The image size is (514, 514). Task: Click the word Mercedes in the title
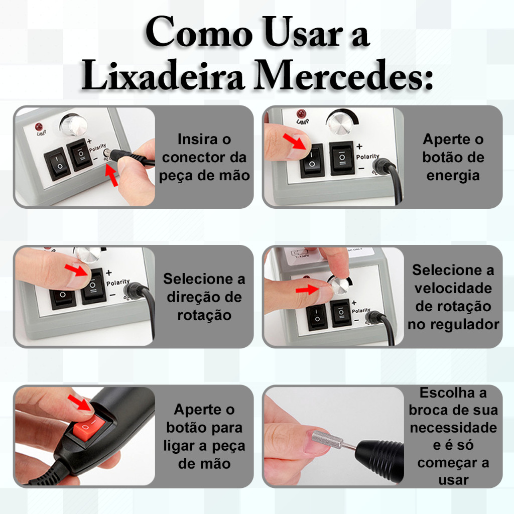(343, 75)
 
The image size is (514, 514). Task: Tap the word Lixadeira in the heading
(163, 75)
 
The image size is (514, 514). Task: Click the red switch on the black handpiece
(89, 426)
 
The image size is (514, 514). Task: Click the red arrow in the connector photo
(111, 175)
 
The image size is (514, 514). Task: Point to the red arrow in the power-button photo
(294, 141)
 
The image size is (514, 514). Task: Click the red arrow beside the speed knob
(307, 290)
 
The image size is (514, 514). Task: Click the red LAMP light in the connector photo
(39, 126)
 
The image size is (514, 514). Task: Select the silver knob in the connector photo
(73, 125)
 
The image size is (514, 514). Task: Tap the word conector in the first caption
(189, 157)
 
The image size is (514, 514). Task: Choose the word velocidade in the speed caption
(453, 288)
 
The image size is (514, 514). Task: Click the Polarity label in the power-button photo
(367, 157)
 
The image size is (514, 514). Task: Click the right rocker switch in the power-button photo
(342, 158)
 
